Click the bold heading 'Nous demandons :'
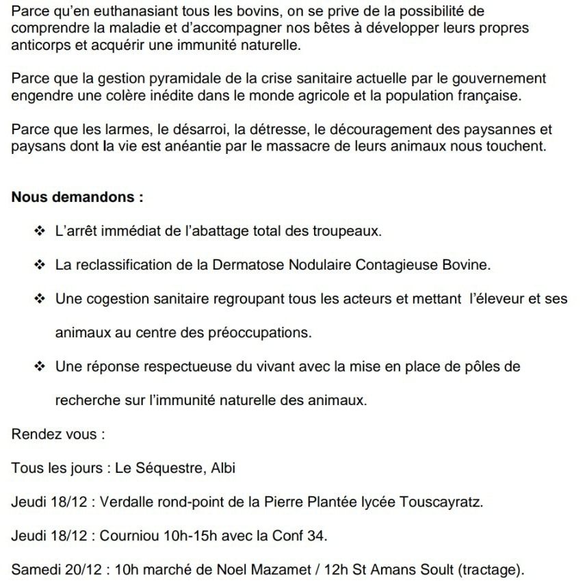pyautogui.click(x=77, y=198)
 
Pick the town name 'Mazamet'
pyautogui.click(x=256, y=569)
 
